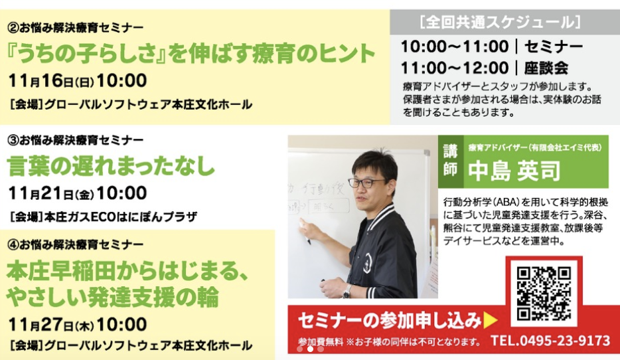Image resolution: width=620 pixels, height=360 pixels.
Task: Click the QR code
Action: (544, 294)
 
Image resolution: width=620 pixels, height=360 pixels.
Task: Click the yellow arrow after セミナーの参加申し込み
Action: (491, 320)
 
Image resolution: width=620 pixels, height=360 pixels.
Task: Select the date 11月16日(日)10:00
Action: (78, 81)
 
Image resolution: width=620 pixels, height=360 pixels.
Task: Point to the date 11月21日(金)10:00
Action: (78, 193)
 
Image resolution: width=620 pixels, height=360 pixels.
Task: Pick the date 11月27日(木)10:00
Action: (78, 324)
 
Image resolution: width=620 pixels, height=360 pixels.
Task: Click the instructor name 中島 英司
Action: (514, 171)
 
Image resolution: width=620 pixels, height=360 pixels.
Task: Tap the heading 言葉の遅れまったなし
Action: (111, 166)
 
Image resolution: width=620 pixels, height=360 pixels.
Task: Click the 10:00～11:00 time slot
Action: (455, 46)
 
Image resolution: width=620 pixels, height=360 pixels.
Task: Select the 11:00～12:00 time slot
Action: (455, 68)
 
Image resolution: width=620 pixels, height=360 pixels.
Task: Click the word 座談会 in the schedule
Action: (546, 68)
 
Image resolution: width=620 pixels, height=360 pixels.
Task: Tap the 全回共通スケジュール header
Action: (501, 22)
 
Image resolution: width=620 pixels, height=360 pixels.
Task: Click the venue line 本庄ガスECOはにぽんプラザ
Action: (104, 217)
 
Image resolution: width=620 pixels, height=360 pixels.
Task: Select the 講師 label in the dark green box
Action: (450, 160)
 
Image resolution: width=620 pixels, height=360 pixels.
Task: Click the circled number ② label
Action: (13, 27)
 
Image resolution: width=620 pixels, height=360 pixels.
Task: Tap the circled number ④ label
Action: (13, 244)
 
